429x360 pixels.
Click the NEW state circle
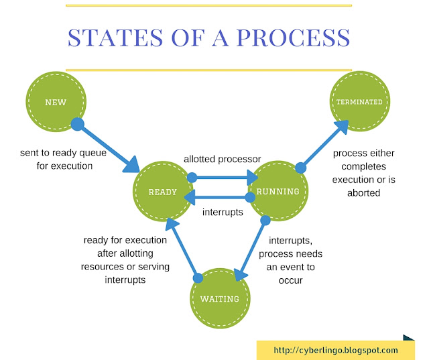(56, 103)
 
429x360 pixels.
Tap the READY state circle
(163, 192)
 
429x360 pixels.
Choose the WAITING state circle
(220, 298)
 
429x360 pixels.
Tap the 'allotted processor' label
(222, 159)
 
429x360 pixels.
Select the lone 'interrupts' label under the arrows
(221, 213)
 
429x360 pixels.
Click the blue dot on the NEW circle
(77, 124)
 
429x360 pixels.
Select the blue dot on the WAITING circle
(197, 278)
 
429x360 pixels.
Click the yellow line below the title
(208, 69)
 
